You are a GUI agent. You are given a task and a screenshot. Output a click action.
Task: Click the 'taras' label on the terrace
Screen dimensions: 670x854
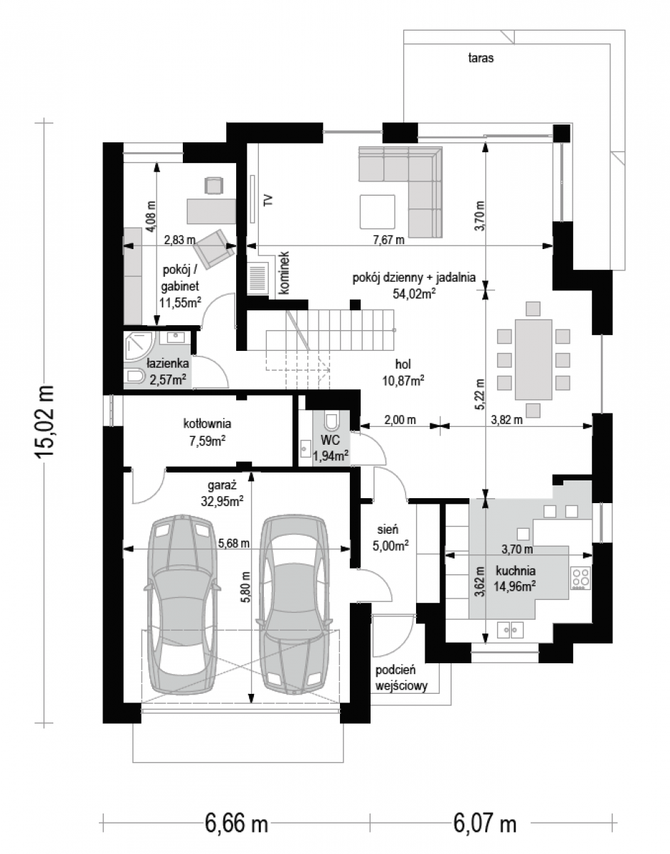point(480,58)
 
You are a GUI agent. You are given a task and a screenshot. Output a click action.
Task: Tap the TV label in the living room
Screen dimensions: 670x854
point(269,200)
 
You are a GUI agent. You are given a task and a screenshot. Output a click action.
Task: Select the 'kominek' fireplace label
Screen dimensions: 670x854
point(284,273)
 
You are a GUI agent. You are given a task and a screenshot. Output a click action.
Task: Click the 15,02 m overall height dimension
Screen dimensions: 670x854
point(43,421)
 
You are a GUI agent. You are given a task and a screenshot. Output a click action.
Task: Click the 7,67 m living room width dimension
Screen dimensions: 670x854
point(388,239)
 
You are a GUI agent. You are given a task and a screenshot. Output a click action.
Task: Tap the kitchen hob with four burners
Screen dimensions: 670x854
point(581,577)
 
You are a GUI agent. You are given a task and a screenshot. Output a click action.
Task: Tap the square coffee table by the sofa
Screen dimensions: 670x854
point(378,211)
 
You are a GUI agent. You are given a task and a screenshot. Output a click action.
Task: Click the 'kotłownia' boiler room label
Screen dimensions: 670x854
point(207,423)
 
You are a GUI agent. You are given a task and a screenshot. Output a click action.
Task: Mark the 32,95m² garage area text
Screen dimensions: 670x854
point(222,502)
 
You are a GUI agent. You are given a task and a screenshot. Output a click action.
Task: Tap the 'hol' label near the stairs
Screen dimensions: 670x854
point(403,364)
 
